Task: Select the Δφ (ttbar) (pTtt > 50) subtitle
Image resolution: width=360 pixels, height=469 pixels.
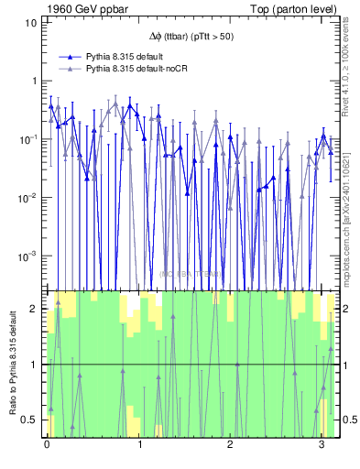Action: pos(190,37)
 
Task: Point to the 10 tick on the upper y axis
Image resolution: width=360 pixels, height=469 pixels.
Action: pos(30,21)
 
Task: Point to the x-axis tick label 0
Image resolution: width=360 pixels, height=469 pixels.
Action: pos(47,446)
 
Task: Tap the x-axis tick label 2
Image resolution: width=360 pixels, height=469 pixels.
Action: pos(230,446)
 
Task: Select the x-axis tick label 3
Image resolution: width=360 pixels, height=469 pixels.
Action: pos(322,446)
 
